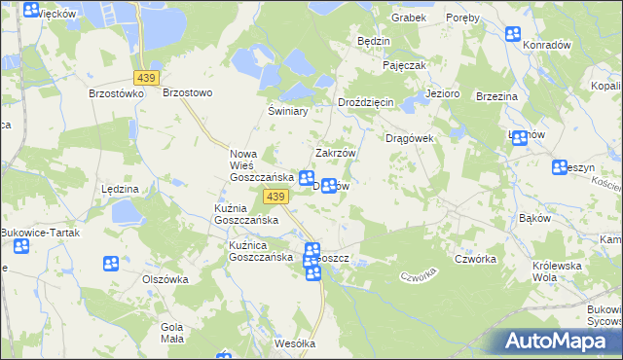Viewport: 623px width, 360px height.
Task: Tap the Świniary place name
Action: coord(288,112)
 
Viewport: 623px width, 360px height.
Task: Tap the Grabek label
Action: coord(409,18)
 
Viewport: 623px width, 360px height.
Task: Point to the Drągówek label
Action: coord(409,138)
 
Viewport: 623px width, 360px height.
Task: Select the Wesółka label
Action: coord(296,343)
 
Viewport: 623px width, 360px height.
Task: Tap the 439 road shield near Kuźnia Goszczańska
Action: coord(275,198)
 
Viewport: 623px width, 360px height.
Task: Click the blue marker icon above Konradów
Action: coord(514,35)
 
